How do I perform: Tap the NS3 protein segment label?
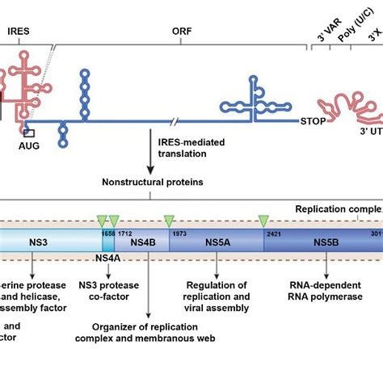point(38,243)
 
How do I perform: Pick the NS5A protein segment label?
point(213,243)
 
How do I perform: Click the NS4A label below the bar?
point(107,261)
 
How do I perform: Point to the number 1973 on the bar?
point(179,232)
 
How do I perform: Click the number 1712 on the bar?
point(124,232)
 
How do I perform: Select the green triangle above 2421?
point(263,220)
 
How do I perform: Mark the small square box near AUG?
point(29,133)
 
